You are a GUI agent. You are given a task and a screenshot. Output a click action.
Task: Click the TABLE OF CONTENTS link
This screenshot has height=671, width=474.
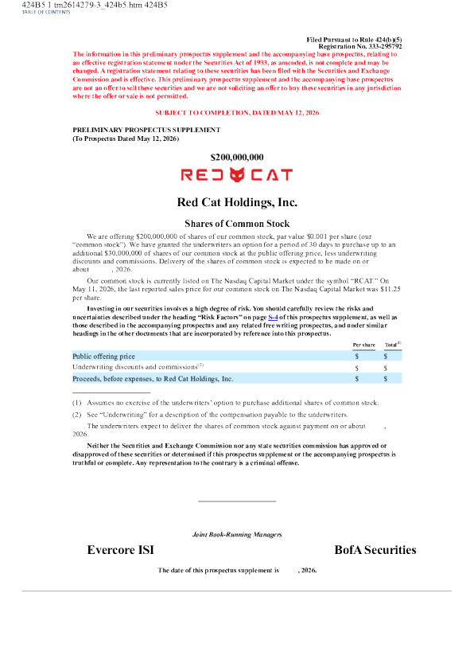[46, 12]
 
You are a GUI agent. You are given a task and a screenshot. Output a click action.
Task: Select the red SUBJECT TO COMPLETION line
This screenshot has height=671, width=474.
[237, 112]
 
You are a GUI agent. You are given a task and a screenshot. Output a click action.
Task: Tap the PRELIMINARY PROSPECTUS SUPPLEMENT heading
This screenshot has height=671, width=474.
[146, 130]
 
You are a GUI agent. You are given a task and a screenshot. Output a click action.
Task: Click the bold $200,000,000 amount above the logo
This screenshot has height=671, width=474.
[237, 157]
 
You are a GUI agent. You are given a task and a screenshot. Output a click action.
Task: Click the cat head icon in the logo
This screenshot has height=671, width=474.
[237, 174]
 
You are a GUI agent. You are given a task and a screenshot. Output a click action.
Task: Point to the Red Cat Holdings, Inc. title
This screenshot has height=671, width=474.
[237, 202]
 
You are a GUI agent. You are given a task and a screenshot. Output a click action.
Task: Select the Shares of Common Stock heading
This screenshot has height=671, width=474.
[237, 224]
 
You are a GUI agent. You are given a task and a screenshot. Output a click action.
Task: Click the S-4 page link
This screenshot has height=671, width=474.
[273, 317]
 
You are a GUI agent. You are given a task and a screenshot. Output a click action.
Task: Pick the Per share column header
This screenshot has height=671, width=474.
[363, 345]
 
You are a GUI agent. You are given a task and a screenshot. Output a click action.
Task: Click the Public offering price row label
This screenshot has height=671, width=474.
[103, 356]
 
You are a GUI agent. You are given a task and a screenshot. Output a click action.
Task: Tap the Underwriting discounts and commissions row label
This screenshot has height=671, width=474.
[138, 367]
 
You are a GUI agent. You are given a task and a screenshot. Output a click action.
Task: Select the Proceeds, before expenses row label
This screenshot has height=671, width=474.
[153, 379]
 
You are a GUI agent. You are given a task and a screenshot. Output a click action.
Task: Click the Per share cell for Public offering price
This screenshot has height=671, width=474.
[357, 356]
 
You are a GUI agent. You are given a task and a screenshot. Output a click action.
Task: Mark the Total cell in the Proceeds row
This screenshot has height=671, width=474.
[386, 379]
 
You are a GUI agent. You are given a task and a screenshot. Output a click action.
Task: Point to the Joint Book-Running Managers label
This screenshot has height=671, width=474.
[237, 534]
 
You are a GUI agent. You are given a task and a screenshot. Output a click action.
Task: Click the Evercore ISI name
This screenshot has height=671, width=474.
[121, 550]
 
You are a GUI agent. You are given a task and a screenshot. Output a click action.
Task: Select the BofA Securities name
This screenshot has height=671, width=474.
[375, 550]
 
